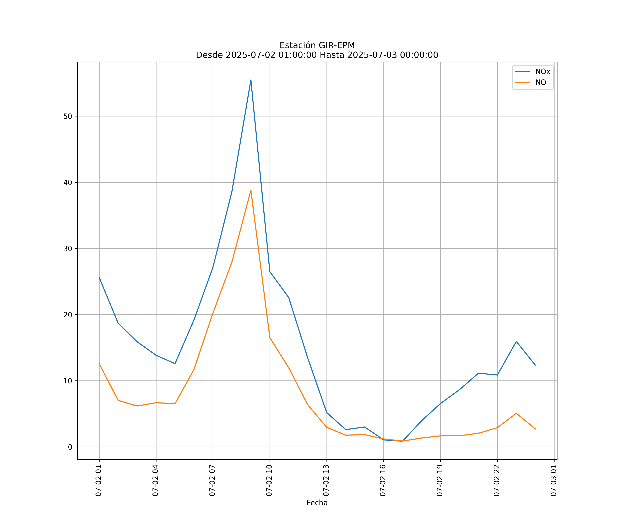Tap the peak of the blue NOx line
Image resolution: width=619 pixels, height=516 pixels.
tap(251, 80)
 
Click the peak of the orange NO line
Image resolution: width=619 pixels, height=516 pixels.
tap(251, 190)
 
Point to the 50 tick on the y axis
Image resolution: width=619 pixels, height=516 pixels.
tap(68, 116)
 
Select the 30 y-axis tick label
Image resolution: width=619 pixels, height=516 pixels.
tap(68, 249)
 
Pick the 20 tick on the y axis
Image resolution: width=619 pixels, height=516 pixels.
tap(68, 315)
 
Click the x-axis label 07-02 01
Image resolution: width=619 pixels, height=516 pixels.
tap(99, 480)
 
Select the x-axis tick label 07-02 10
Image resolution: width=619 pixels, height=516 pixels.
tap(269, 480)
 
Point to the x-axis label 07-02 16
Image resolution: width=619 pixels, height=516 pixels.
tap(383, 480)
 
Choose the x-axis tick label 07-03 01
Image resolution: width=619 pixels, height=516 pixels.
tap(553, 480)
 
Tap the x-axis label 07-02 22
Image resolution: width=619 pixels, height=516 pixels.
tap(497, 480)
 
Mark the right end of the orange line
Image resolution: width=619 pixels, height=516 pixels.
tap(535, 429)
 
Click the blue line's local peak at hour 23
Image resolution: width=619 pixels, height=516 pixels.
tap(516, 341)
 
